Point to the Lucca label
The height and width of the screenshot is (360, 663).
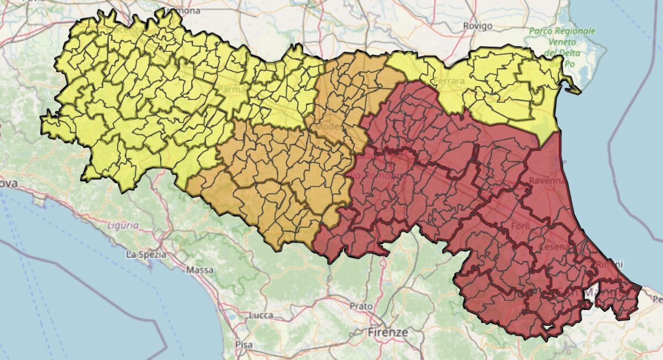point(261,315)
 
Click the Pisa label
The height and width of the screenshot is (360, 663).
point(244,345)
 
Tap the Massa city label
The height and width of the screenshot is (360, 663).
point(200,270)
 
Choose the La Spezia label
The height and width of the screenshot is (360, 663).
point(146,255)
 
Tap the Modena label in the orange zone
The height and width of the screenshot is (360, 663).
point(329,127)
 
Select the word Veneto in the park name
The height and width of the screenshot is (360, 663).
point(562,42)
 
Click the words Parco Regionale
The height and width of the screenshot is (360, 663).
point(562,31)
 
